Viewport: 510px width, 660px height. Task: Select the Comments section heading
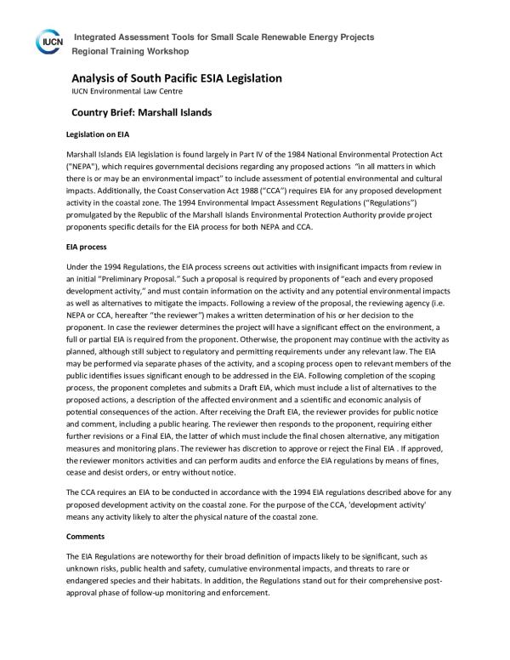(x=86, y=537)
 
